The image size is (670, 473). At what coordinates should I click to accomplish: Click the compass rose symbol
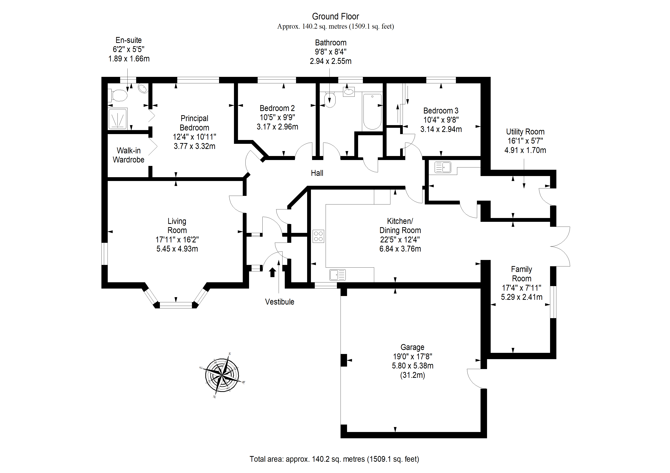222,375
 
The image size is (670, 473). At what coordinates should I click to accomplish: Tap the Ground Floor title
335,16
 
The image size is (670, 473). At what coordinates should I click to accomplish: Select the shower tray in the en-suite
118,119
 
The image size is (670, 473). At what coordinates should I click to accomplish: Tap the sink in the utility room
443,167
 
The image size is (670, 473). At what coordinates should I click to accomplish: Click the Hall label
317,173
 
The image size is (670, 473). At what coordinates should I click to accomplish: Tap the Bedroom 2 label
277,108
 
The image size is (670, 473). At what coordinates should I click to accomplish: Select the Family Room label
521,274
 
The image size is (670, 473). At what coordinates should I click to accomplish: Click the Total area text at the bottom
334,459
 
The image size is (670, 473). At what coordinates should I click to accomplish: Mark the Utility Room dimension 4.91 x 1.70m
525,150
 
